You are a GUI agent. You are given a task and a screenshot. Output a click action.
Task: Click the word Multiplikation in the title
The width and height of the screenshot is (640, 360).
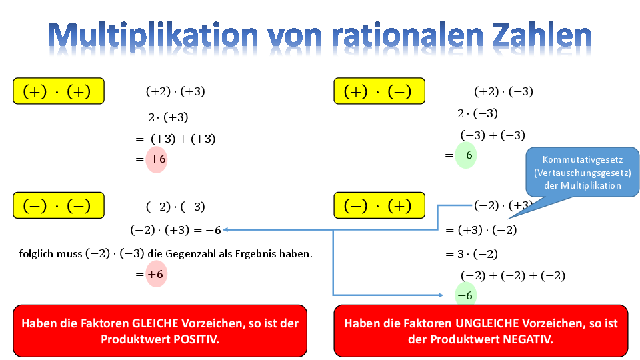coord(153,36)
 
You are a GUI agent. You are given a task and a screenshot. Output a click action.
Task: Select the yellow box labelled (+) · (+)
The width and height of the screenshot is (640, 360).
coord(59,91)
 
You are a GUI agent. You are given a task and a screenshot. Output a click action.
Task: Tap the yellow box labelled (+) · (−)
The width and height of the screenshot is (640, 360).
coord(379,91)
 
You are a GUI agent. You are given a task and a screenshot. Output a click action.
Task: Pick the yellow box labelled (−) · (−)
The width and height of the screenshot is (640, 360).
coord(59,205)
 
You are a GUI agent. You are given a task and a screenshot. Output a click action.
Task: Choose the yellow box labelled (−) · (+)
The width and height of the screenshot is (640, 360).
coord(379,205)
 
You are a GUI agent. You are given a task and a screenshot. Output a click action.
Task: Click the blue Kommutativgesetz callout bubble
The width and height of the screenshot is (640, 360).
coord(583,172)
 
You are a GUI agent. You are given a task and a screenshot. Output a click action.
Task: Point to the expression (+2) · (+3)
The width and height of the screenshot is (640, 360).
coord(175,91)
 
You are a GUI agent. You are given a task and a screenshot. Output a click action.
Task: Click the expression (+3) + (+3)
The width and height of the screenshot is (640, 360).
coord(183,139)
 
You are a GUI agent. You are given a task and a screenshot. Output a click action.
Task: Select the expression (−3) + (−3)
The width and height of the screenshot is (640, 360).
coord(493,135)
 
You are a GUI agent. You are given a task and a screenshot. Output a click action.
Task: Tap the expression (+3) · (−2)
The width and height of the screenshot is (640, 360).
coord(487,230)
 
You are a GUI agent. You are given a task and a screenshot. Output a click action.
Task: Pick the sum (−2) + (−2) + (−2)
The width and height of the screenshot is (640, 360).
coord(513,275)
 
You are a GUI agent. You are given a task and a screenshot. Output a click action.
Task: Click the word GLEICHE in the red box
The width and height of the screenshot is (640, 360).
coord(155,323)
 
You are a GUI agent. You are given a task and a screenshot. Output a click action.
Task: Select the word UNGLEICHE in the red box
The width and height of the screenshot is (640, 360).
coord(481,323)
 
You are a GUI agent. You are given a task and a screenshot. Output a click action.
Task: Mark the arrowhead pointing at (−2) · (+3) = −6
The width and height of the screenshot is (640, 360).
coord(225,230)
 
